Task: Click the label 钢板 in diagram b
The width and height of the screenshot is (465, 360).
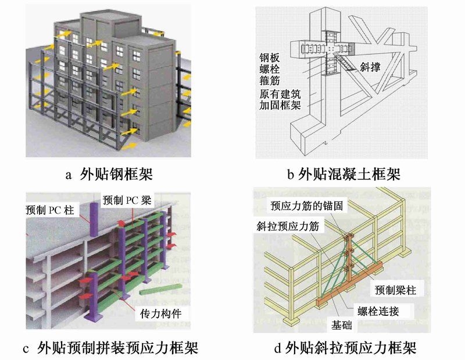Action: (271, 57)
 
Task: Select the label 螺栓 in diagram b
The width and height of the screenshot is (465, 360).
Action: (271, 70)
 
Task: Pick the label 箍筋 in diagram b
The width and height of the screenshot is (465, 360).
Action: (271, 81)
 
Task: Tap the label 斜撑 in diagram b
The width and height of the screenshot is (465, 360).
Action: (370, 68)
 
